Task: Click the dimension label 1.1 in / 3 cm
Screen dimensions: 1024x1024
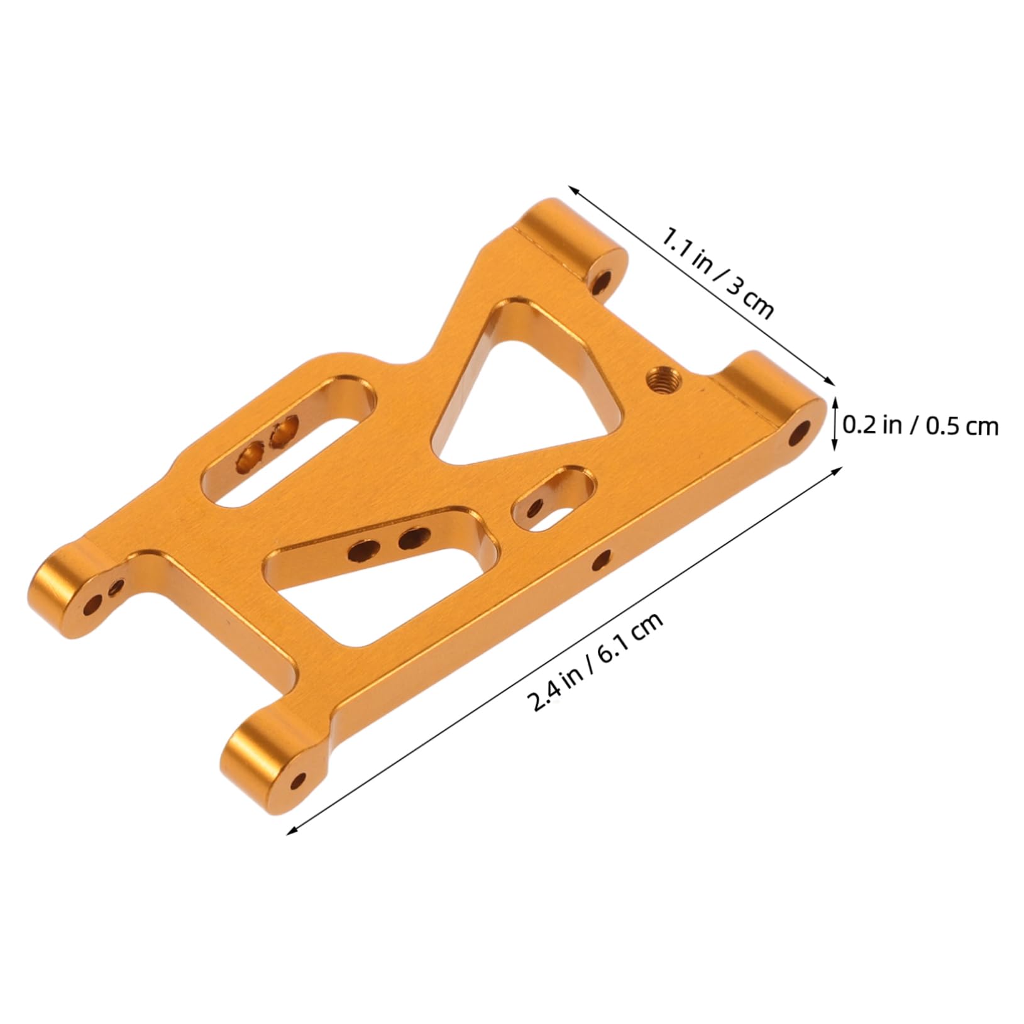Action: pos(717,273)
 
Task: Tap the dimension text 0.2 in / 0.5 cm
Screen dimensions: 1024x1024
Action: pos(920,426)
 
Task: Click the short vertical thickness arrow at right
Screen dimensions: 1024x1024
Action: pos(835,423)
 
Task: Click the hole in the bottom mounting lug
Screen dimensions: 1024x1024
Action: pos(299,782)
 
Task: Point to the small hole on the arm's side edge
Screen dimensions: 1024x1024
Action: pos(602,558)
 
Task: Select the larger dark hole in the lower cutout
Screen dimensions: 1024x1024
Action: pos(413,536)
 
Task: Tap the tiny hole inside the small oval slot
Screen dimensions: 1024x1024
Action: pos(535,507)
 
